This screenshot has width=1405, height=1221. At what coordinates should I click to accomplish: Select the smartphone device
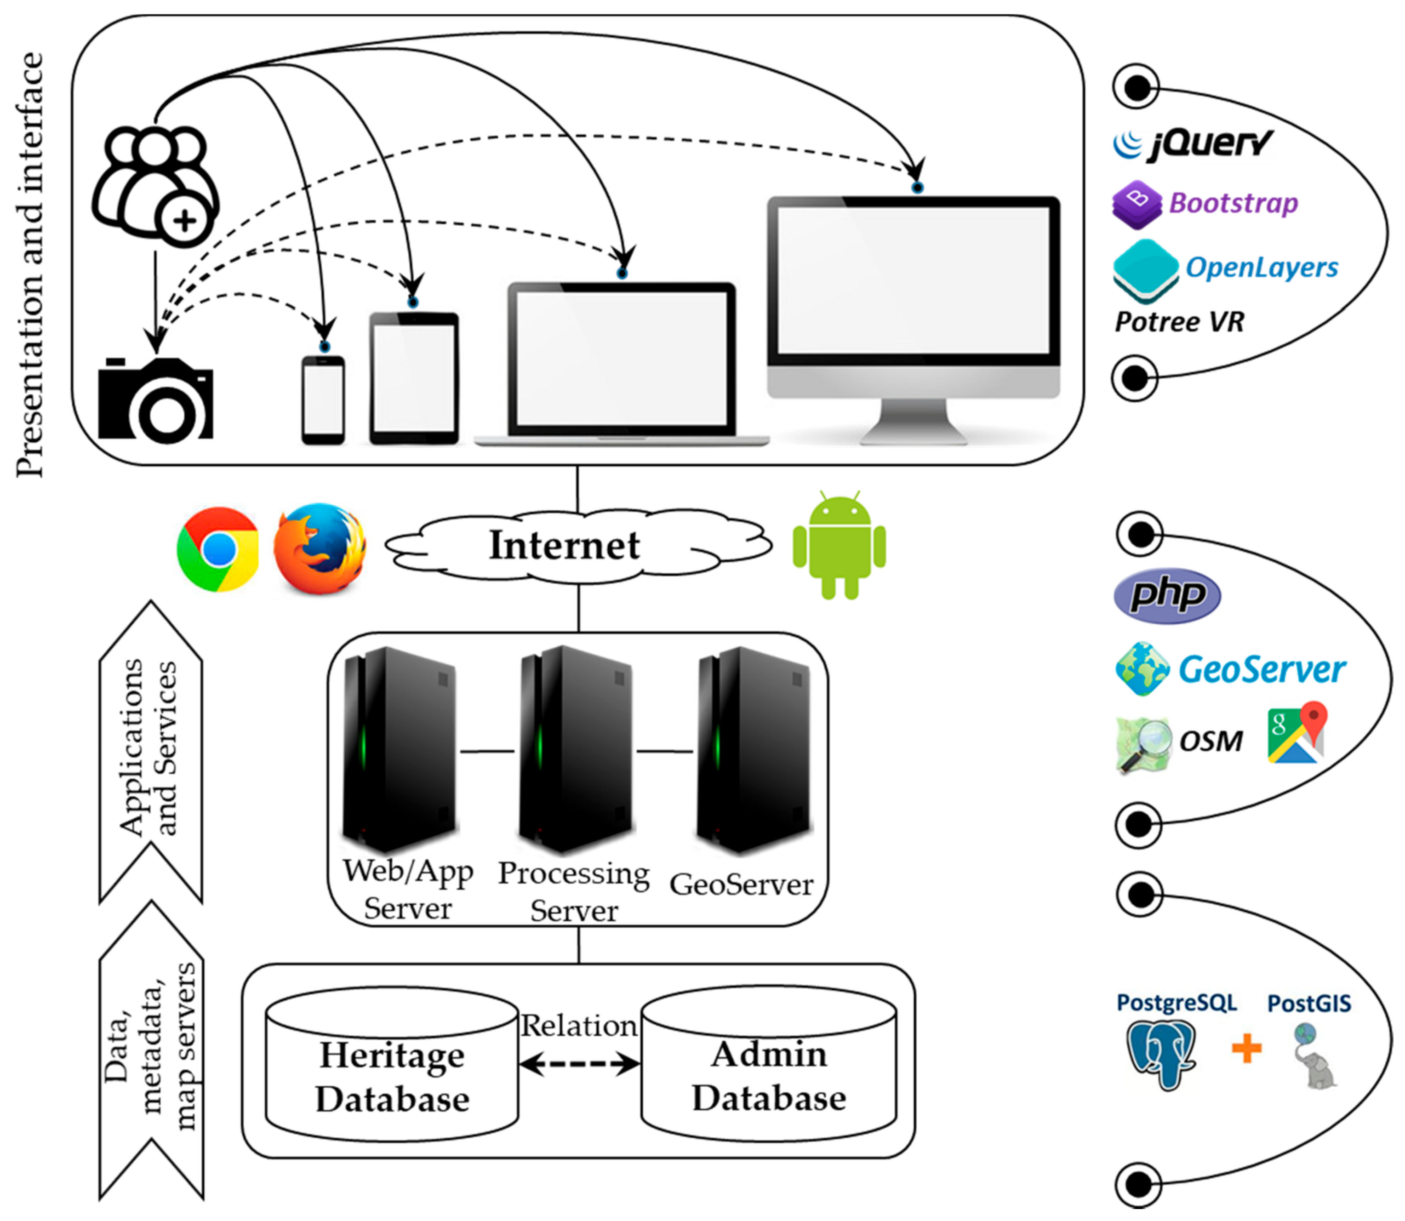(x=323, y=400)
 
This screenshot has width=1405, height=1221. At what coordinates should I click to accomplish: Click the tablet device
(x=414, y=378)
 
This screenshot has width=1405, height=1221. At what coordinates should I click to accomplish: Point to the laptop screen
(x=622, y=359)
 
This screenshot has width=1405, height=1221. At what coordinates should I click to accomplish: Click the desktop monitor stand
(x=913, y=421)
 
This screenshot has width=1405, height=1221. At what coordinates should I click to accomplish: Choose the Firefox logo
(x=320, y=548)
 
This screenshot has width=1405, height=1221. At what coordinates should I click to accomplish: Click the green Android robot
(x=840, y=545)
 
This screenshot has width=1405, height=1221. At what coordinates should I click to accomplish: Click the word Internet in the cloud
(x=564, y=545)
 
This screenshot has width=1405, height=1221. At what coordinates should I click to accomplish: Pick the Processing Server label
(x=574, y=892)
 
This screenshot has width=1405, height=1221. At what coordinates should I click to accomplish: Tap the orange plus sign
(x=1247, y=1048)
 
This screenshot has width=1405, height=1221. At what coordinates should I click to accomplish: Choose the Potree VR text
(x=1179, y=322)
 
